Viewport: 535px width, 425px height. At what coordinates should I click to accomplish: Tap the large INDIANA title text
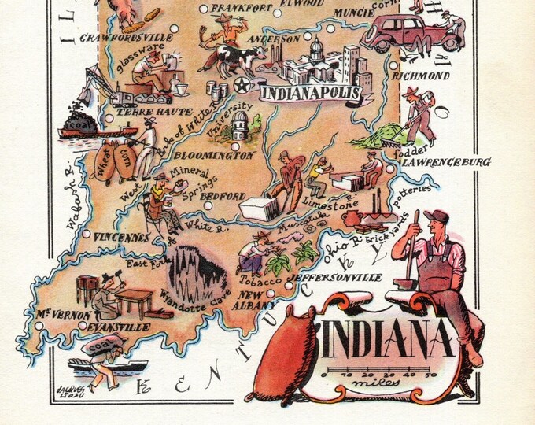pyautogui.click(x=387, y=339)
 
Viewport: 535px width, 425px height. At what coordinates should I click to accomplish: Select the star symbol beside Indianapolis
pyautogui.click(x=239, y=84)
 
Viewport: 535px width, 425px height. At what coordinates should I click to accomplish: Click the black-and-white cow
pyautogui.click(x=241, y=57)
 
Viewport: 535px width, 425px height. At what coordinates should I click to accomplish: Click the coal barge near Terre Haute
pyautogui.click(x=85, y=127)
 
